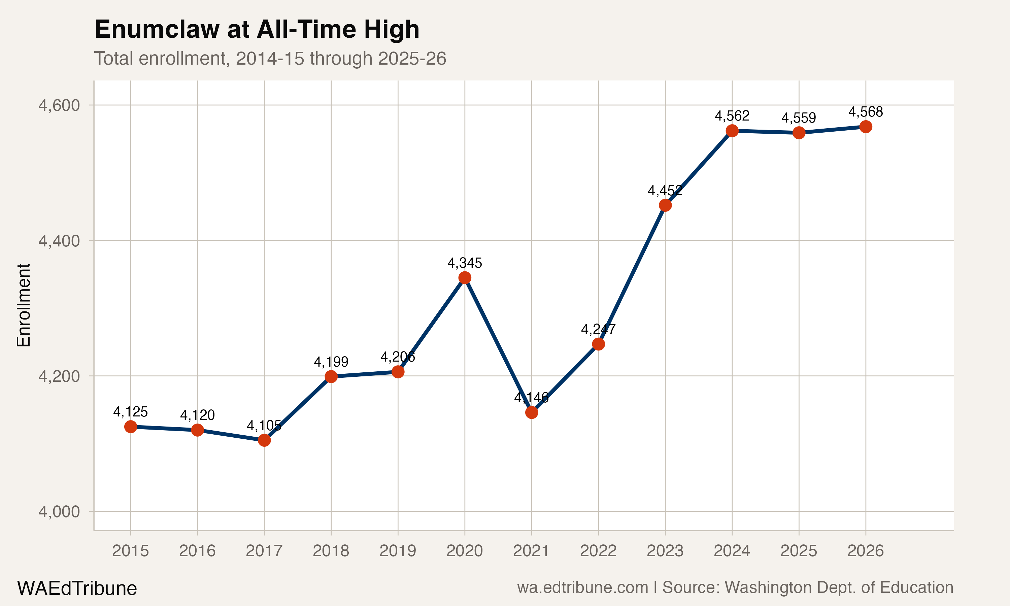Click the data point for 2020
pyautogui.click(x=465, y=278)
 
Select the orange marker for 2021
pyautogui.click(x=532, y=412)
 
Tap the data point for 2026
pyautogui.click(x=866, y=127)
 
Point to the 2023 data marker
pyautogui.click(x=665, y=205)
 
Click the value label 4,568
pyautogui.click(x=866, y=112)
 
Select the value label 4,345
pyautogui.click(x=465, y=263)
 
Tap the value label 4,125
pyautogui.click(x=130, y=412)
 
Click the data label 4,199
pyautogui.click(x=331, y=362)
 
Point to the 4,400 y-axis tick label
pyautogui.click(x=59, y=241)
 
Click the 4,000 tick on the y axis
pyautogui.click(x=59, y=511)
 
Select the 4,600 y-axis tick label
pyautogui.click(x=59, y=105)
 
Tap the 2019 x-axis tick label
pyautogui.click(x=398, y=551)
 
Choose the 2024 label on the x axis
pyautogui.click(x=732, y=551)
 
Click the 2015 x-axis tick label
pyautogui.click(x=130, y=551)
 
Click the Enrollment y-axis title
pyautogui.click(x=24, y=305)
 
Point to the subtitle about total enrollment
pyautogui.click(x=270, y=58)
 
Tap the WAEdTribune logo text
pyautogui.click(x=77, y=588)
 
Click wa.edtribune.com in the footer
pyautogui.click(x=582, y=587)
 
